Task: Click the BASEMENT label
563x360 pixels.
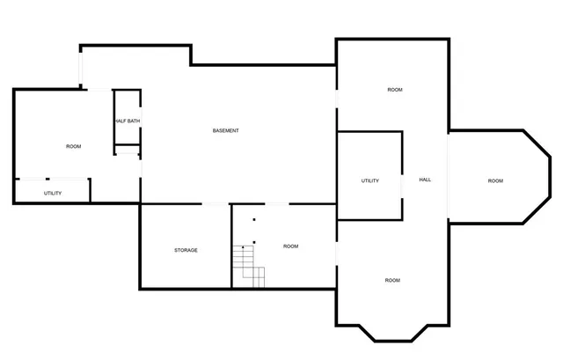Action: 226,131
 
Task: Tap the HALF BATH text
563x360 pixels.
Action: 127,121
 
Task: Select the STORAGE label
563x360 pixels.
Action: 186,250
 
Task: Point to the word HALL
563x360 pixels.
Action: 425,180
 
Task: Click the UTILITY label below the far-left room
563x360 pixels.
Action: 53,193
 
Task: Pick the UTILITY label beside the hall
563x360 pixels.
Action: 369,180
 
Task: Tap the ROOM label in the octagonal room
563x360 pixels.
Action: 495,180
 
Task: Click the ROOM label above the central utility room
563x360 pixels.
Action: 395,90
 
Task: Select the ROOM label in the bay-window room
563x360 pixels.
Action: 392,280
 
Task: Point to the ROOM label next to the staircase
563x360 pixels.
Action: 290,246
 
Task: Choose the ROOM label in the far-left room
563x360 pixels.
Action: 74,146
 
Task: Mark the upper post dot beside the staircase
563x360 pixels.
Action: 254,219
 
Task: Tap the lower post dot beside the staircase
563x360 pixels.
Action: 254,240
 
